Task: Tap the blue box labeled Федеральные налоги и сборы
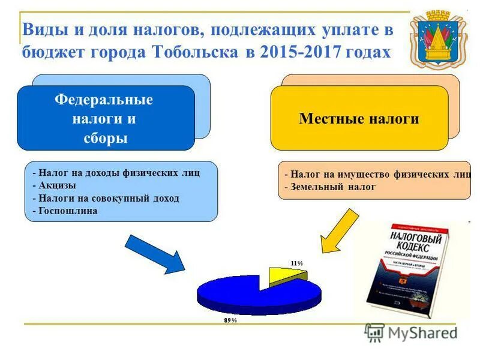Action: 106,118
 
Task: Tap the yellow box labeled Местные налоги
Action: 359,119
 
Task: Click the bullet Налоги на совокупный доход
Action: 108,198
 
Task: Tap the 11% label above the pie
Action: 296,263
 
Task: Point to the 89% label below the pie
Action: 230,320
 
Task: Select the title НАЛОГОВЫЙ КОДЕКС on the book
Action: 408,240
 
